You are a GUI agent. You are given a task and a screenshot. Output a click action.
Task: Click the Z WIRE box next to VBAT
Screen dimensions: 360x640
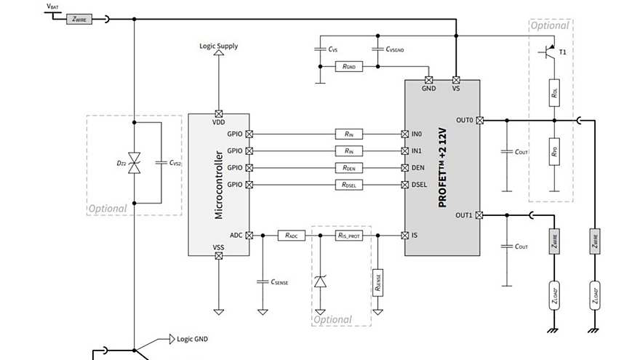click(79, 19)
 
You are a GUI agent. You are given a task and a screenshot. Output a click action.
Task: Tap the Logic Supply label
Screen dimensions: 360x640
click(218, 46)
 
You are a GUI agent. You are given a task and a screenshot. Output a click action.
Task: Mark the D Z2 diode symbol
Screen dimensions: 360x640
click(134, 162)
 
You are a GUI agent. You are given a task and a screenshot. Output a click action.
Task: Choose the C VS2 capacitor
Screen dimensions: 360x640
click(161, 162)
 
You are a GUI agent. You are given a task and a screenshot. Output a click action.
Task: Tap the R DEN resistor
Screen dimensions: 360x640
click(349, 168)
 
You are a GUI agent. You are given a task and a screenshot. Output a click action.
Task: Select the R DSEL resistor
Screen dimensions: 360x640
click(349, 185)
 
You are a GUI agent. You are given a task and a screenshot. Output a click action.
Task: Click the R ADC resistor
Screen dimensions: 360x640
click(291, 236)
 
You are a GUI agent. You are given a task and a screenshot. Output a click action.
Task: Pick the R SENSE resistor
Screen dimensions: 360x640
click(377, 280)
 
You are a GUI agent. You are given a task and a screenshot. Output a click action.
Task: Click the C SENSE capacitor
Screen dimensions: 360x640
click(263, 281)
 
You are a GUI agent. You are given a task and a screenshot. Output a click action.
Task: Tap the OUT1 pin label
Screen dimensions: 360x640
click(464, 215)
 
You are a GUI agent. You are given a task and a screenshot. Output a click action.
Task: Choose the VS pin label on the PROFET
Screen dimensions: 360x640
click(456, 89)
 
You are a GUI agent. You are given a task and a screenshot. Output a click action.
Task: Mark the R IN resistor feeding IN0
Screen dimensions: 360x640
click(349, 134)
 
